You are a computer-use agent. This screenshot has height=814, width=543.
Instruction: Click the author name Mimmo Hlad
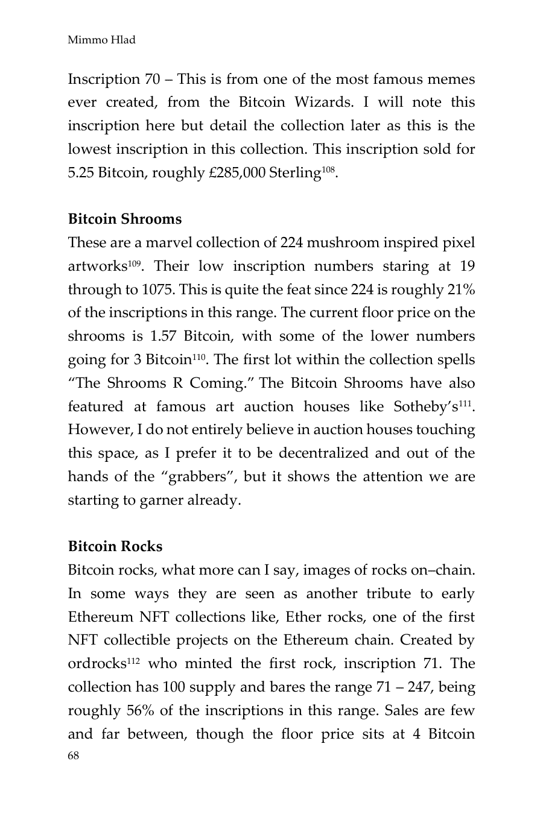tap(101, 40)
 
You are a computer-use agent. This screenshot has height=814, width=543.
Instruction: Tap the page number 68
tap(73, 756)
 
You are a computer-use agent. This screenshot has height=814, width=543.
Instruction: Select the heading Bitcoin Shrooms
tap(124, 219)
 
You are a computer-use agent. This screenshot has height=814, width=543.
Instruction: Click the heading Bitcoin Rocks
tap(115, 546)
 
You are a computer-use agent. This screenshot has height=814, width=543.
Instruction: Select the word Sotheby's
tap(426, 407)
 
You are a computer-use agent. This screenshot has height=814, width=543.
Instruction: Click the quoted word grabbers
tap(192, 477)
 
